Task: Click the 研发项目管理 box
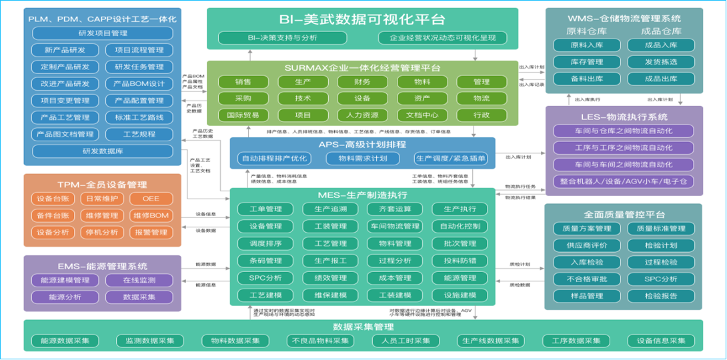[x=102, y=33]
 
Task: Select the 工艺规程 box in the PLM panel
[x=139, y=135]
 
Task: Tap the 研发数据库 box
[x=102, y=151]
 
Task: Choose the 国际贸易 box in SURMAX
[x=243, y=115]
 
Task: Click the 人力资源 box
[x=362, y=115]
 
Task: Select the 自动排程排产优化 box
[x=274, y=159]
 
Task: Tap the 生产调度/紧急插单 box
[x=450, y=159]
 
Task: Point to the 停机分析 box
[x=102, y=233]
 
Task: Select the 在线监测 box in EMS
[x=139, y=281]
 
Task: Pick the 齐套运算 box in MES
[x=395, y=209]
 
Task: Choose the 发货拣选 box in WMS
[x=661, y=62]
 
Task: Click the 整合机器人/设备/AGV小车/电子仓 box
[x=624, y=181]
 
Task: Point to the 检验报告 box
[x=661, y=296]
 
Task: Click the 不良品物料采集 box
[x=319, y=341]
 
